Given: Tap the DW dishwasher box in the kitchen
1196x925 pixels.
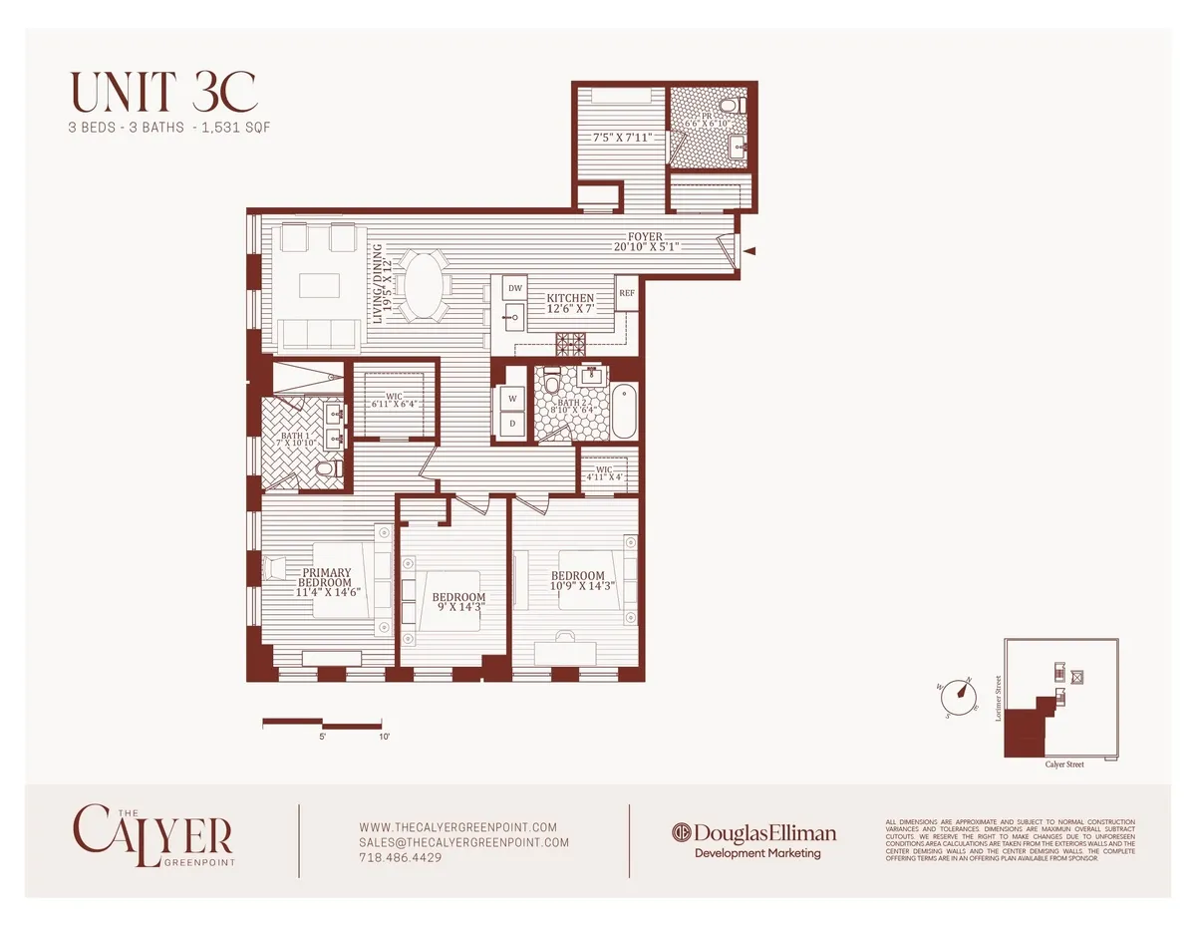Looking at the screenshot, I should point(515,288).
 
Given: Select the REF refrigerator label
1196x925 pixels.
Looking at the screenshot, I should point(627,293).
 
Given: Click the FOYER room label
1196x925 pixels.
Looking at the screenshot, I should point(645,236).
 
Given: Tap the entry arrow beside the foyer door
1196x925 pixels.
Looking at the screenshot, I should point(750,252).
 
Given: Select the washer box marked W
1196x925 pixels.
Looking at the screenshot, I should point(513,398).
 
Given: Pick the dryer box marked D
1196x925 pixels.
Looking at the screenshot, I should point(513,424).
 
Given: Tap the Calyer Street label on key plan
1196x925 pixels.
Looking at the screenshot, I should point(1063,764).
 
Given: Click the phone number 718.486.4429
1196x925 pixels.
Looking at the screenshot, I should point(399,857).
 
